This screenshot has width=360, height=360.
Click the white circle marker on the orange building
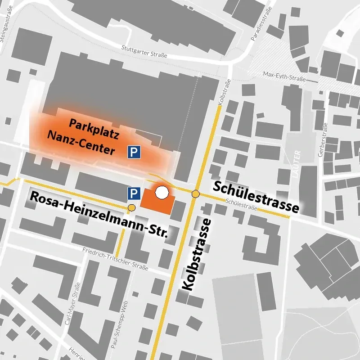(x=162, y=193)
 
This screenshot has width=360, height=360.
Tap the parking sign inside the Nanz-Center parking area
(x=134, y=152)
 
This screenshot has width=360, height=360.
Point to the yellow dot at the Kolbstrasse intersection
(x=195, y=194)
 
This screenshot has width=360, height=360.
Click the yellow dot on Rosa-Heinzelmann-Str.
(x=131, y=207)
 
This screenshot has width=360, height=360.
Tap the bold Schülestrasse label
(x=256, y=197)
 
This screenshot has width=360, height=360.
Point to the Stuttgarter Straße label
(x=144, y=51)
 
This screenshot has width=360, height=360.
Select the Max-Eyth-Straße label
(x=284, y=76)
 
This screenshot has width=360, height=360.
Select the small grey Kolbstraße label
(x=221, y=93)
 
